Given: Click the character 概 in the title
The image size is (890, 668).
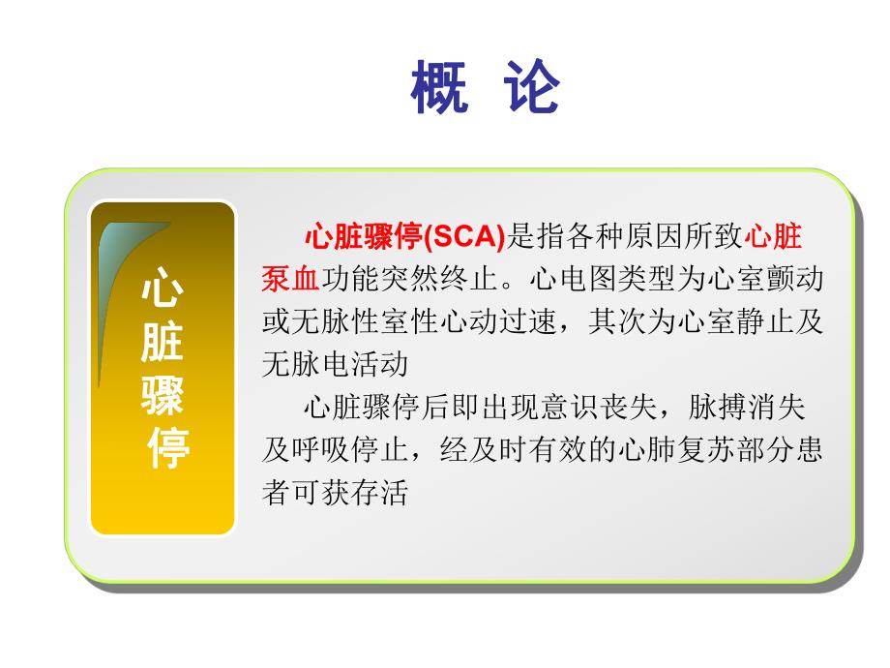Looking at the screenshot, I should (439, 88).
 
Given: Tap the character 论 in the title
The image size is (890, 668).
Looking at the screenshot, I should (531, 88).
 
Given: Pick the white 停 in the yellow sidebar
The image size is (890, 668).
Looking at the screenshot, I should (166, 446).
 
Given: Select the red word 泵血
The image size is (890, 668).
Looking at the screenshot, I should (290, 280).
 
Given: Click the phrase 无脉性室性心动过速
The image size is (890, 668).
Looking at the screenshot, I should (417, 322).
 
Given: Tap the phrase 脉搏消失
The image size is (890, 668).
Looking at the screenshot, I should (746, 408).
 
